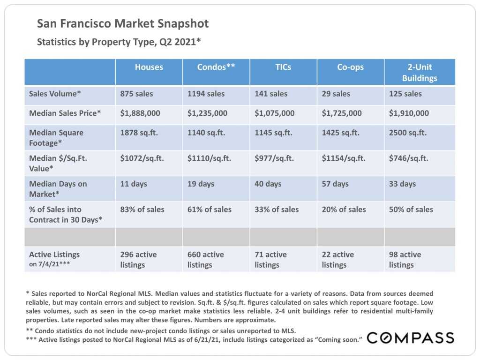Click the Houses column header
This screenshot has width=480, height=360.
coord(149,67)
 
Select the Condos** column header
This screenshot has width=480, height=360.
coord(216,67)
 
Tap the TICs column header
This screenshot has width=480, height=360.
coord(283,67)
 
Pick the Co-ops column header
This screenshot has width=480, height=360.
coord(350,67)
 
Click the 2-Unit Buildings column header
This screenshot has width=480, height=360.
coord(420,73)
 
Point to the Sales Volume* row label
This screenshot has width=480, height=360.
coord(55,94)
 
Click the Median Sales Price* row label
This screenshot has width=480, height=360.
coord(65,113)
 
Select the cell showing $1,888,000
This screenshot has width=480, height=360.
coord(140,113)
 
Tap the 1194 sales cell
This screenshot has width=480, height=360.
coord(206,94)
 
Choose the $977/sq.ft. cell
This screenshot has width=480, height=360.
coord(274,158)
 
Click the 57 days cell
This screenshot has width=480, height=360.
coord(335,184)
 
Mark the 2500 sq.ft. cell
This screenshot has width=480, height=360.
coord(408,133)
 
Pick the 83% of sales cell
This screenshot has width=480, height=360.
coord(142,210)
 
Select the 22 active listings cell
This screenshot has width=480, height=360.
coord(337,260)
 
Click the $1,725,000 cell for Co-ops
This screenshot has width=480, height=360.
coord(342,113)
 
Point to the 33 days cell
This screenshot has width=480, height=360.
coord(402,184)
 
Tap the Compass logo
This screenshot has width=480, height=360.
coord(410,337)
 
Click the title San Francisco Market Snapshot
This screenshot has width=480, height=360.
coord(123,23)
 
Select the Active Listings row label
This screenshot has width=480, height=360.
coord(54,255)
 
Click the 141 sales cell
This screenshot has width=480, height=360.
coord(271,94)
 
